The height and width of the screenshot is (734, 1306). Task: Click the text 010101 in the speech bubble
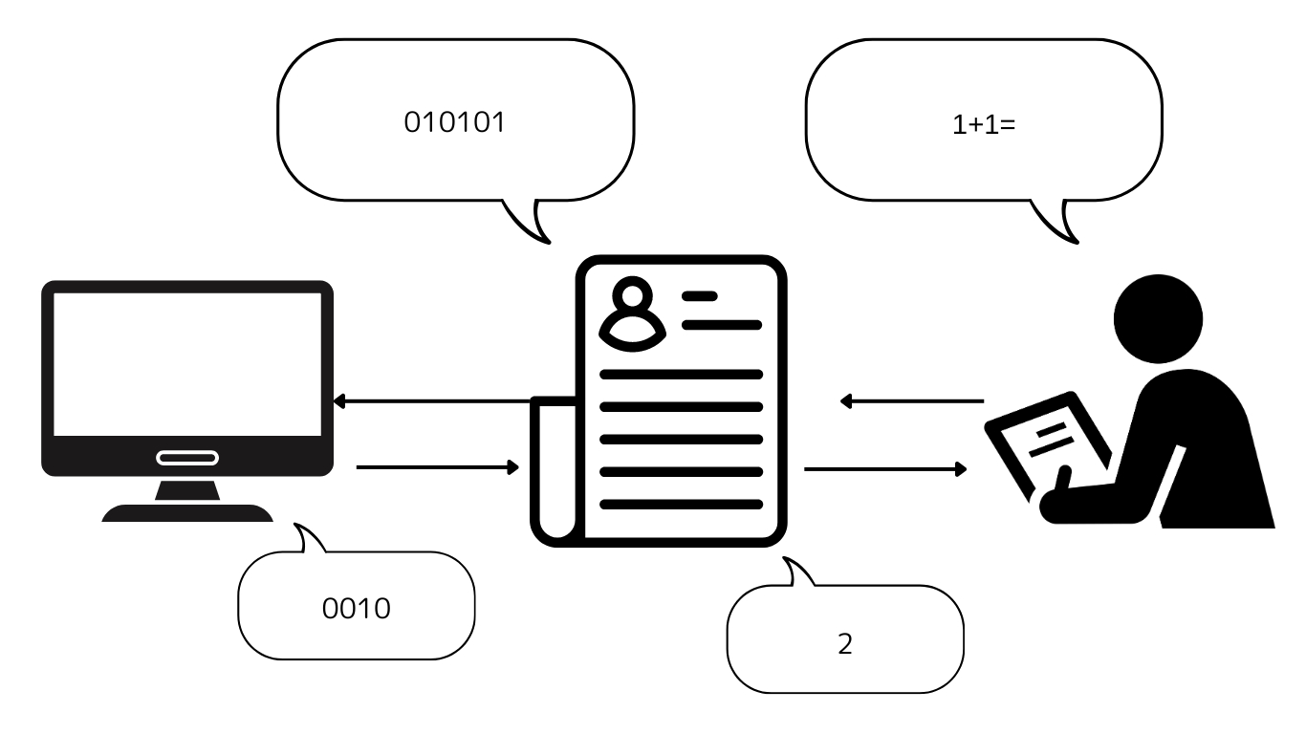point(454,122)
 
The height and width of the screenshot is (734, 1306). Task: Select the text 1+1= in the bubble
point(984,125)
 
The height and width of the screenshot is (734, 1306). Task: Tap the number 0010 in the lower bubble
point(357,609)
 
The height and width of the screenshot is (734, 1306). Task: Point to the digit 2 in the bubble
point(845,644)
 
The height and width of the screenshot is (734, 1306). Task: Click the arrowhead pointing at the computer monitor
point(338,401)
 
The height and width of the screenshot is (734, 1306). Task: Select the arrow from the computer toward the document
point(437,467)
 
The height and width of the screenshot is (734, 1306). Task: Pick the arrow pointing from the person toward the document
point(912,401)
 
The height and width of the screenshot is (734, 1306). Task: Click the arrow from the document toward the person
point(885,468)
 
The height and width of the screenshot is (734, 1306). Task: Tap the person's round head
point(1158,319)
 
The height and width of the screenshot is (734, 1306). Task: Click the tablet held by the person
point(1047,443)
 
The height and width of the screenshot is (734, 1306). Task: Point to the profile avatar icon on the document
point(633,313)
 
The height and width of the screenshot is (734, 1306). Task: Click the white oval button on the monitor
point(187,458)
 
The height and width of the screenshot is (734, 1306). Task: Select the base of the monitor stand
point(187,513)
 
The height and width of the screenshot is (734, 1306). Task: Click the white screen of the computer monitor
point(187,364)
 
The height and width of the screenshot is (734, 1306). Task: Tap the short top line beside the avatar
point(700,296)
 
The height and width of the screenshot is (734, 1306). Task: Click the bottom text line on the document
point(681,505)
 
